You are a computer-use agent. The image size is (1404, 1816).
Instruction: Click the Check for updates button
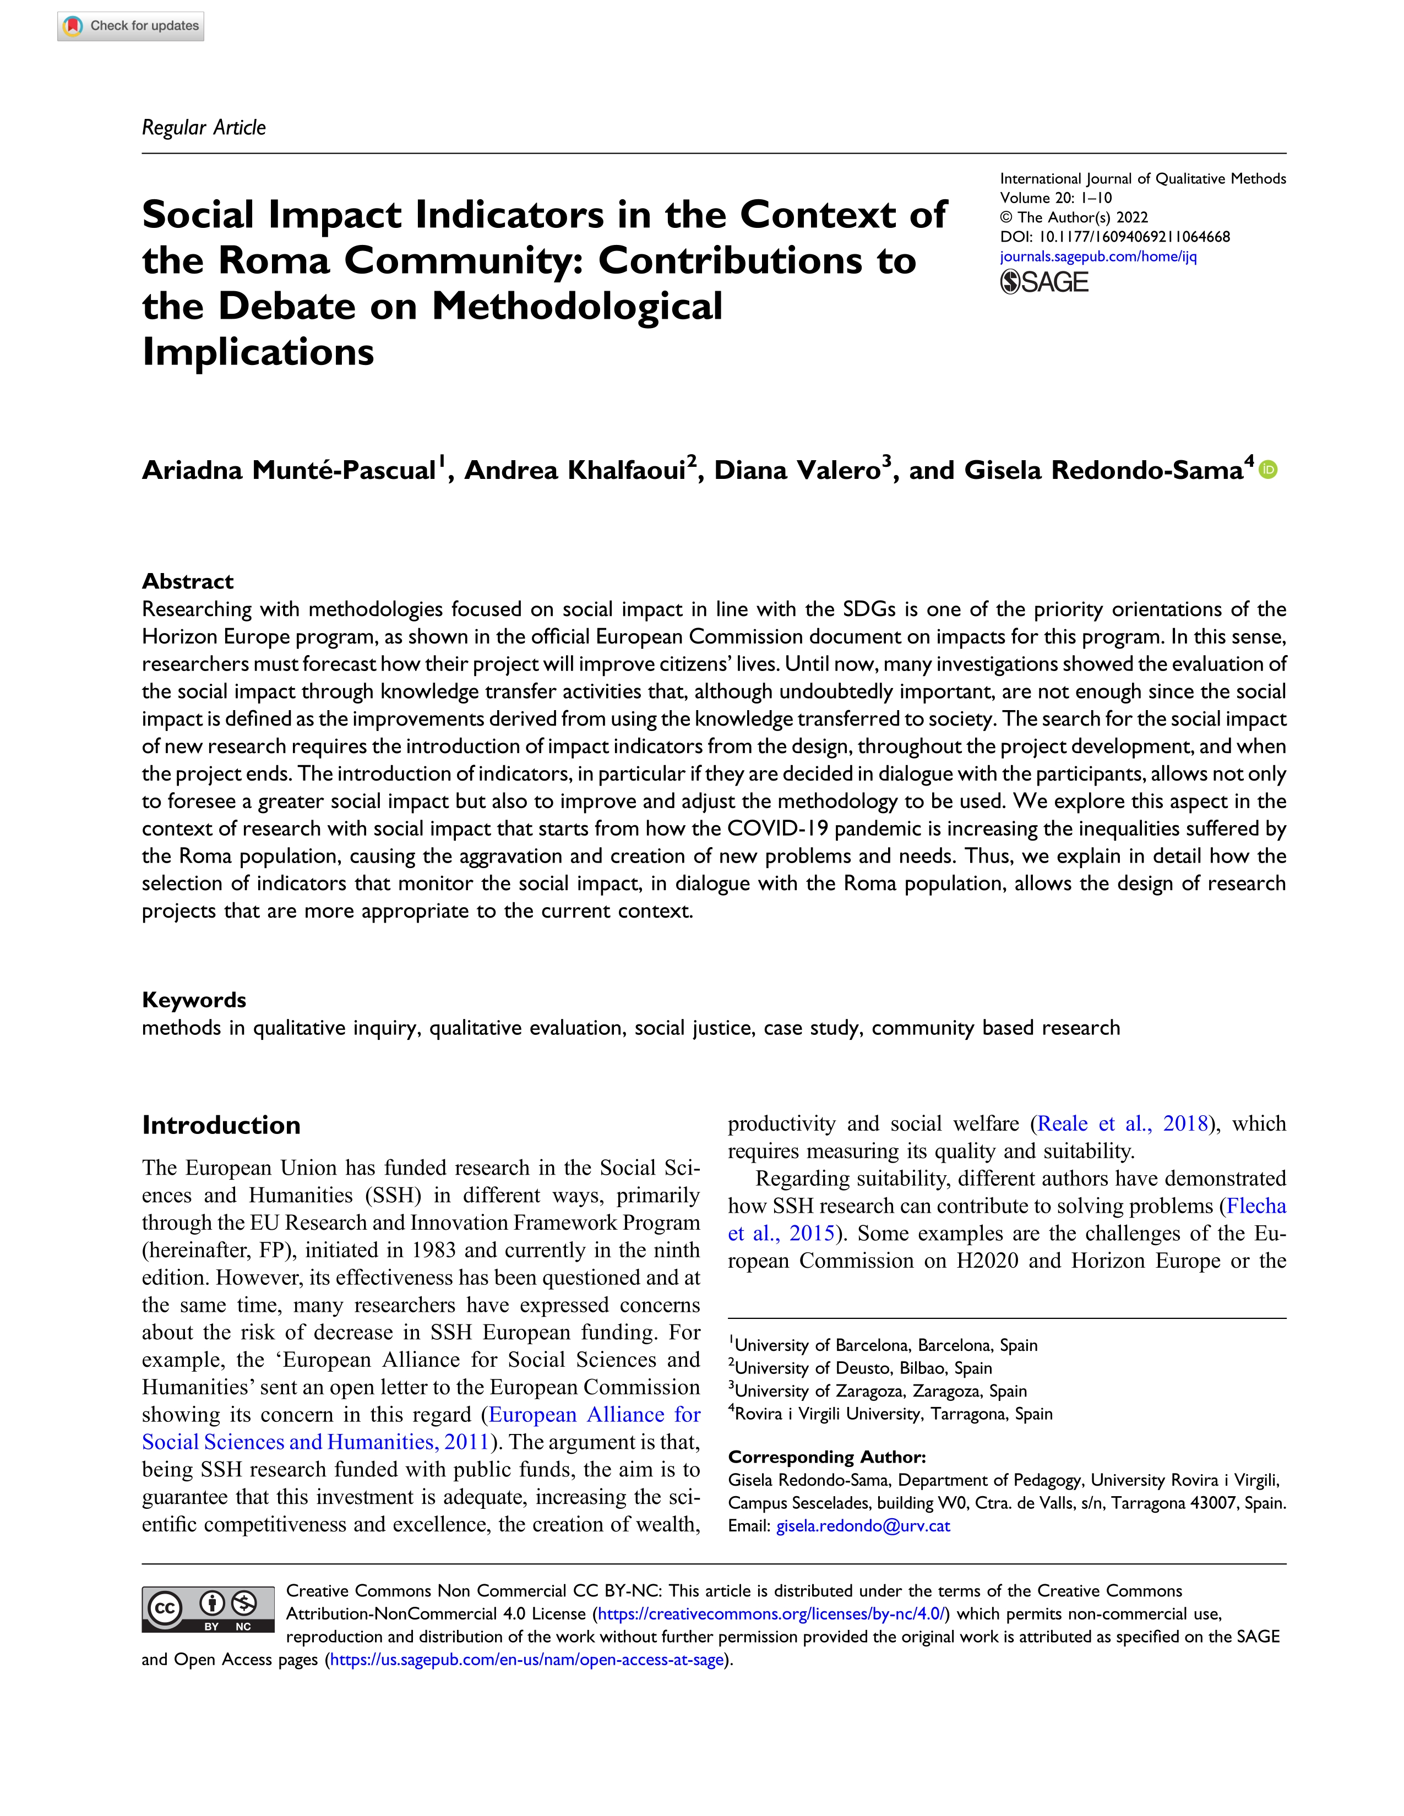[x=130, y=26]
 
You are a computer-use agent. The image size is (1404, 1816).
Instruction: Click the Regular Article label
[x=204, y=127]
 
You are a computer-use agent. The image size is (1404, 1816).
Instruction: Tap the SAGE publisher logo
[x=1044, y=283]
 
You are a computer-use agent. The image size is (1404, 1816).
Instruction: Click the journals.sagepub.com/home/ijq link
[x=1098, y=256]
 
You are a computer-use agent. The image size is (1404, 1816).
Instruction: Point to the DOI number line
[x=1114, y=237]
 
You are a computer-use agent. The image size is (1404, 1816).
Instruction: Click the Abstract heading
[x=188, y=581]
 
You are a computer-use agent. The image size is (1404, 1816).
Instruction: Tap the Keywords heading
[x=194, y=1000]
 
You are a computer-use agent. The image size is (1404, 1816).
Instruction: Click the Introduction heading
[x=221, y=1125]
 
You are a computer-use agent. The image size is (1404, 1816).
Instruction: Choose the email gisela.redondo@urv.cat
[x=863, y=1526]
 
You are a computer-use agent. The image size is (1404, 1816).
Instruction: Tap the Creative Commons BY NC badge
[x=208, y=1610]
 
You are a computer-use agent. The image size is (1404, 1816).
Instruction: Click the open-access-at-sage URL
[x=527, y=1660]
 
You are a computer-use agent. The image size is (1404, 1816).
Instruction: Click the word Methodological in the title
[x=577, y=306]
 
